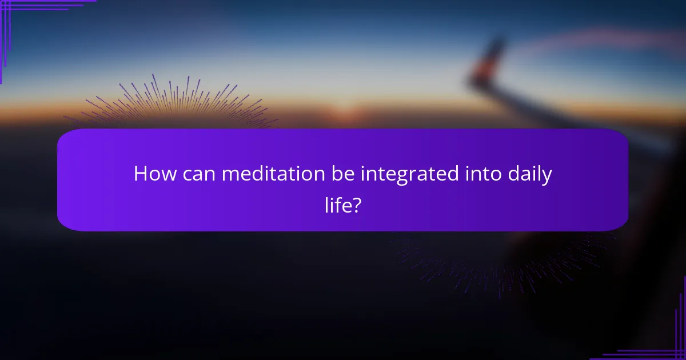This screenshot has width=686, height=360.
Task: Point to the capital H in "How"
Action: click(x=141, y=174)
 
